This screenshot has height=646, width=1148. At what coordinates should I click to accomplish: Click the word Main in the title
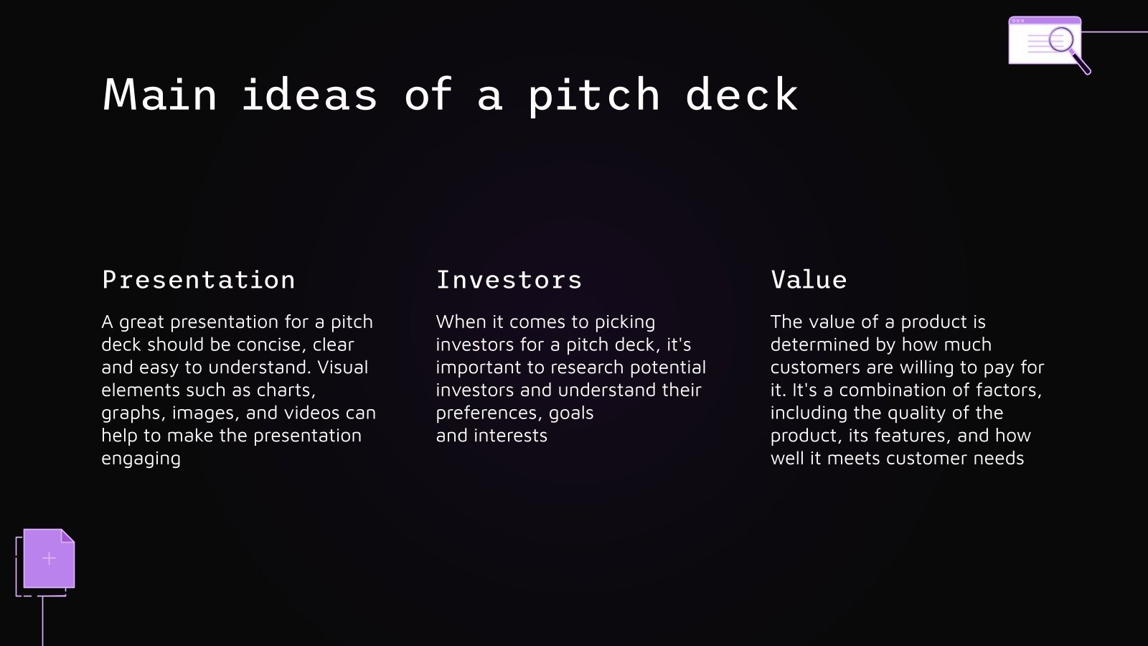tap(160, 95)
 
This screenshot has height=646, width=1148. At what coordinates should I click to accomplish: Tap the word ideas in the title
tap(309, 95)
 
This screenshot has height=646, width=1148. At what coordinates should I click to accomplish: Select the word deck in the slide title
tap(741, 95)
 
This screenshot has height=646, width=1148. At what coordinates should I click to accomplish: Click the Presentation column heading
tap(199, 280)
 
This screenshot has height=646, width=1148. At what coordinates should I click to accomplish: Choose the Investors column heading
tap(509, 280)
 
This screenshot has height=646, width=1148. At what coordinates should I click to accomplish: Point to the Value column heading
tap(809, 280)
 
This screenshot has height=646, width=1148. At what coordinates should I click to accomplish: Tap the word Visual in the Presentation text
tap(342, 368)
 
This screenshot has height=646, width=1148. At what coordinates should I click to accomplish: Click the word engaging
tap(141, 459)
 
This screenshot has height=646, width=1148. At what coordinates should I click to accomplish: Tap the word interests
tap(511, 436)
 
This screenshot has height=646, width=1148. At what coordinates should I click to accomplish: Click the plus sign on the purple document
tap(49, 558)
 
